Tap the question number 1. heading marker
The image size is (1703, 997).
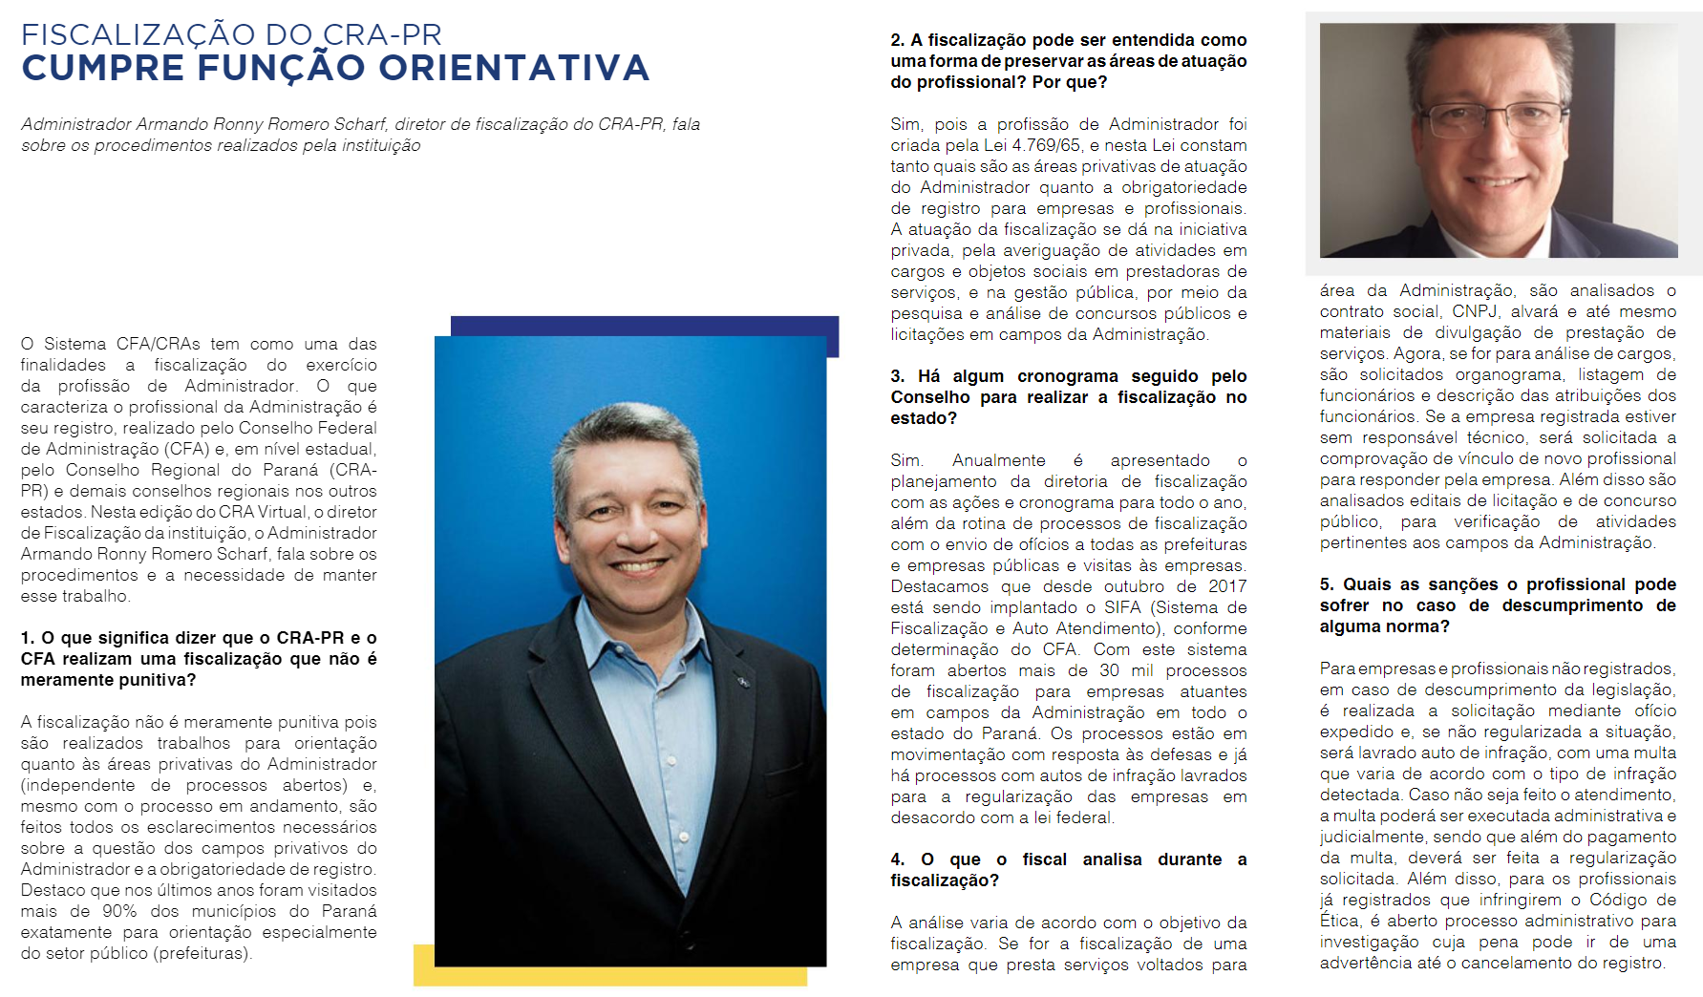pos(28,638)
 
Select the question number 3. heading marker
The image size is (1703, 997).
pos(897,376)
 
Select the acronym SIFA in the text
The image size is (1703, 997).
pos(1122,607)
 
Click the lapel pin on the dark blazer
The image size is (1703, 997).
pos(741,681)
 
